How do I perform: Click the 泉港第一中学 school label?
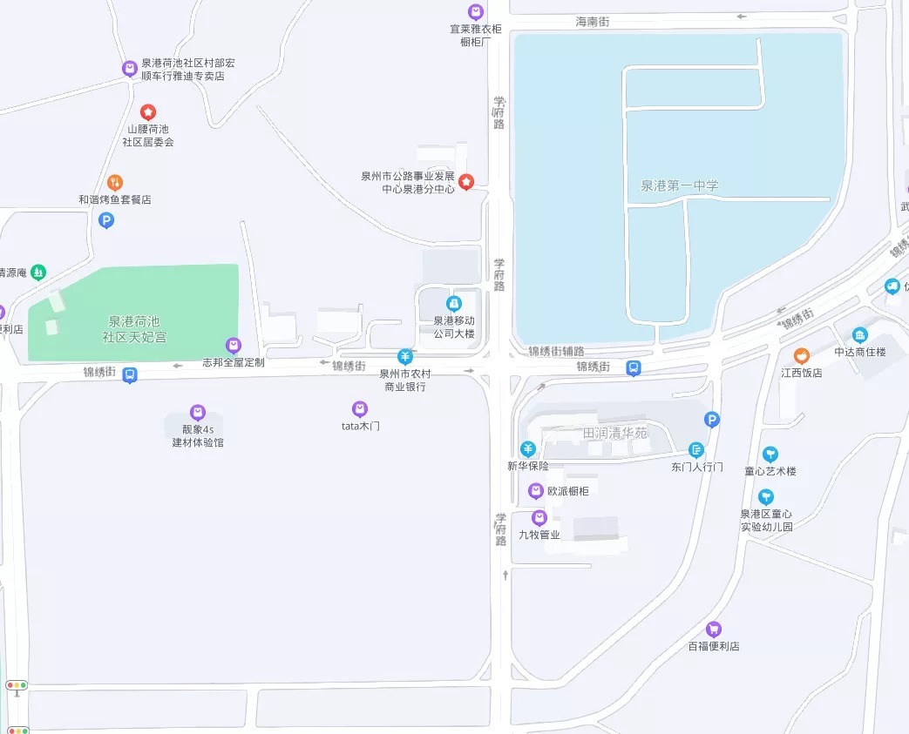pyautogui.click(x=679, y=185)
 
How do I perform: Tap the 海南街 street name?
pyautogui.click(x=592, y=21)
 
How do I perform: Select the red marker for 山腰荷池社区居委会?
pyautogui.click(x=148, y=111)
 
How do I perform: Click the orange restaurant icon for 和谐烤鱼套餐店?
pyautogui.click(x=115, y=183)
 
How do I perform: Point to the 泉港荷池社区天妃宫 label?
pyautogui.click(x=134, y=328)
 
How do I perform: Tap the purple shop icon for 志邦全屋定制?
pyautogui.click(x=233, y=346)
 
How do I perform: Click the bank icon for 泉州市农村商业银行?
pyautogui.click(x=404, y=356)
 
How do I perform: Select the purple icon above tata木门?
pyautogui.click(x=359, y=408)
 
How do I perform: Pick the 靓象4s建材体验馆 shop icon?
pyautogui.click(x=197, y=412)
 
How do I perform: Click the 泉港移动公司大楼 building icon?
pyautogui.click(x=453, y=304)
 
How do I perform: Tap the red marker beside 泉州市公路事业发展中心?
pyautogui.click(x=466, y=181)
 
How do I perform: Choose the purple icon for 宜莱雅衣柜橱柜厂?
pyautogui.click(x=475, y=12)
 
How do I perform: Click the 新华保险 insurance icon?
pyautogui.click(x=527, y=448)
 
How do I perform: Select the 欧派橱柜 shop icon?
pyautogui.click(x=537, y=491)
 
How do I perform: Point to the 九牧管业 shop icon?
pyautogui.click(x=539, y=518)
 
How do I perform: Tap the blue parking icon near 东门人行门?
pyautogui.click(x=712, y=421)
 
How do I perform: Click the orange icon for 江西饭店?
pyautogui.click(x=801, y=355)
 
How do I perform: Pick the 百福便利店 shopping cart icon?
pyautogui.click(x=713, y=629)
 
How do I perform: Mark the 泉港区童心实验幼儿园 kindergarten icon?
pyautogui.click(x=765, y=497)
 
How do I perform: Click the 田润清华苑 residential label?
pyautogui.click(x=615, y=433)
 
